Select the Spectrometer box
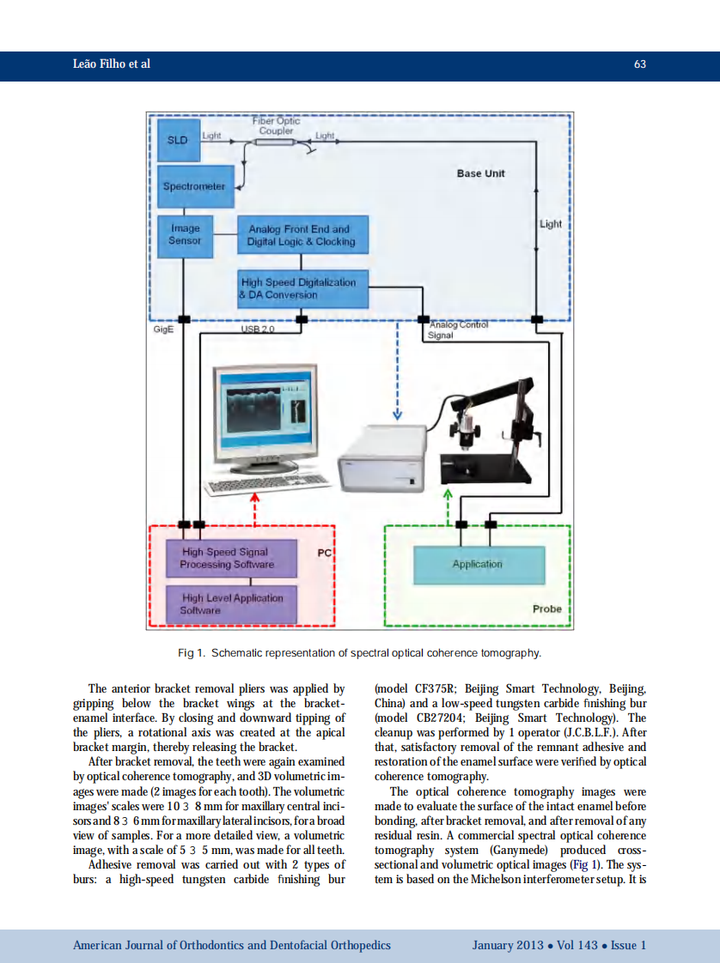coord(196,186)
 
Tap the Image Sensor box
coord(185,234)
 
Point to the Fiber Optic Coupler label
coord(276,126)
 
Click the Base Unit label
coord(480,173)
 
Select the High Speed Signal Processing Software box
coord(229,558)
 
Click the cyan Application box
coord(479,564)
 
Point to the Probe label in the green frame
coord(546,609)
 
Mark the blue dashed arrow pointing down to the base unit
coord(397,369)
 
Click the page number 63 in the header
coord(639,64)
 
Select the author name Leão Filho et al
coord(112,64)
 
